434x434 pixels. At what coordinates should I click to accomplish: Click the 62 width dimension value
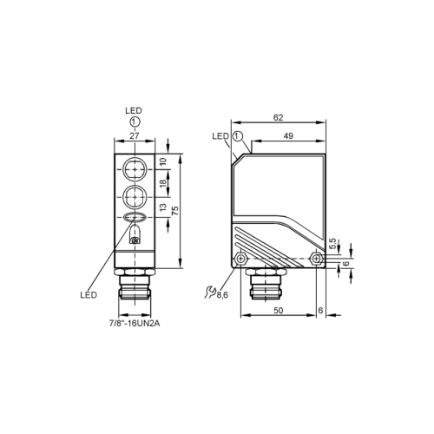(x=278, y=117)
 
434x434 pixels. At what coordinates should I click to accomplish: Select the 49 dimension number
(x=288, y=135)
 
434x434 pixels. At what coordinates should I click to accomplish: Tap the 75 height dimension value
(x=175, y=210)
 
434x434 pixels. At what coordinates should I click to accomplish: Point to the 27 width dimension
(x=135, y=135)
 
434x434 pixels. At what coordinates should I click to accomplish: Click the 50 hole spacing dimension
(x=278, y=311)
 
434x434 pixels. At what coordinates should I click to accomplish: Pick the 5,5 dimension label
(x=332, y=243)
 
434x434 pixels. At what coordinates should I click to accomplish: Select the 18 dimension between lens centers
(x=162, y=183)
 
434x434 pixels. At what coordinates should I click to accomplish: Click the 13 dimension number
(x=162, y=207)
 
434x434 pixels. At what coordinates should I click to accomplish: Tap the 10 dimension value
(x=162, y=161)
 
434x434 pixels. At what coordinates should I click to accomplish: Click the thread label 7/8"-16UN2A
(x=135, y=324)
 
